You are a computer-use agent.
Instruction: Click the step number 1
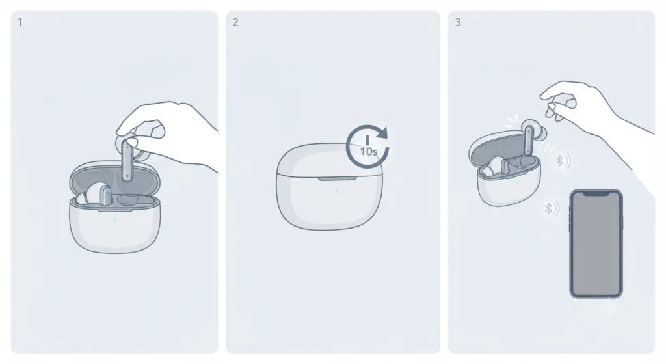[20, 23]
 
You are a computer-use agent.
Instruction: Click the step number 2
[235, 22]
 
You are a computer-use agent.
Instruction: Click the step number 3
[458, 22]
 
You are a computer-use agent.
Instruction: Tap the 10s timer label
[369, 151]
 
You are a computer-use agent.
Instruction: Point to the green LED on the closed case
[336, 191]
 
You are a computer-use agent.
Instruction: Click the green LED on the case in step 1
[115, 221]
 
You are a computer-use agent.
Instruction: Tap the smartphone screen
[596, 244]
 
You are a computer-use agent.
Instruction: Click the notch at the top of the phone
[596, 193]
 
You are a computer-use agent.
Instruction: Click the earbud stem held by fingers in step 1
[127, 161]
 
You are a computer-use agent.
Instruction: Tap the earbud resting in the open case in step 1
[94, 194]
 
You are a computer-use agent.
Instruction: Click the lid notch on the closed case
[337, 179]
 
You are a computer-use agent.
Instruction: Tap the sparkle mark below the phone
[609, 307]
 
